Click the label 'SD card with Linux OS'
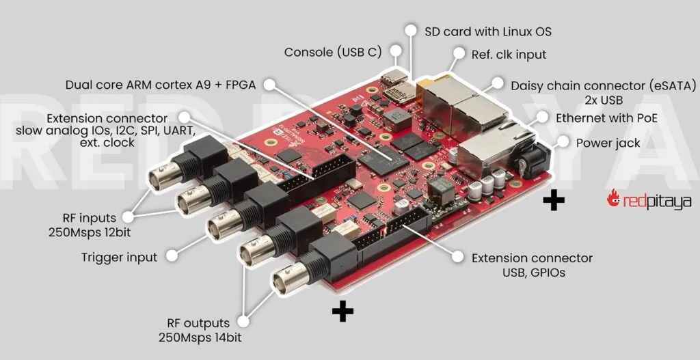(487, 31)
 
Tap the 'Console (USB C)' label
(332, 52)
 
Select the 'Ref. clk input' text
(509, 53)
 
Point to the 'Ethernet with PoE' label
(606, 117)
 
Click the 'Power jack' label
(608, 143)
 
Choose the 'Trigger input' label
(119, 258)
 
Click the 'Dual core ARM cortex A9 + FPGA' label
(161, 85)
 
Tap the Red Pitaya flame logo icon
(614, 199)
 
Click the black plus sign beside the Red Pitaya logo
(554, 200)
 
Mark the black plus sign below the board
(342, 311)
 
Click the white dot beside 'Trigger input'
(174, 258)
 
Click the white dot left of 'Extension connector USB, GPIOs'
(457, 258)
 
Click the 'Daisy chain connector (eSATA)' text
(604, 85)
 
